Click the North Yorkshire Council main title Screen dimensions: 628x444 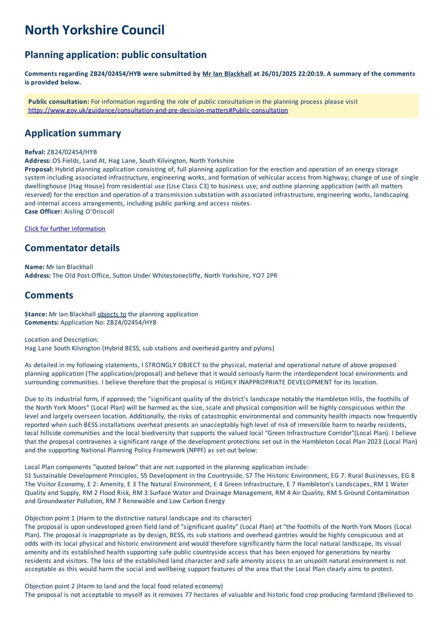click(94, 30)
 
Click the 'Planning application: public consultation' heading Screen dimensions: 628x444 click(116, 55)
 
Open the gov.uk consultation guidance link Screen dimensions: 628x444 click(158, 110)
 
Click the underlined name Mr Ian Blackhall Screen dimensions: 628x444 click(227, 74)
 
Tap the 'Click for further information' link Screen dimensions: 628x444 click(65, 229)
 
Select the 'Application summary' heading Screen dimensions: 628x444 click(73, 133)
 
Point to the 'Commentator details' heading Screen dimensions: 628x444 click(72, 248)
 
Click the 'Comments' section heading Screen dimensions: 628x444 click(49, 295)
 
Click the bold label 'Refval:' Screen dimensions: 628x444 click(35, 152)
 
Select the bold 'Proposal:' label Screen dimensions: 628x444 click(39, 169)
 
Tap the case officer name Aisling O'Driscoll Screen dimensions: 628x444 click(89, 212)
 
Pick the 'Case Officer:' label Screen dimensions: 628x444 click(43, 212)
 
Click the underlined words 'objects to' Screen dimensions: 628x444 click(112, 314)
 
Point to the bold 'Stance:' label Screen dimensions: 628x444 click(36, 314)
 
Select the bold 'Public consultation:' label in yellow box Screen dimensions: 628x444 click(59, 102)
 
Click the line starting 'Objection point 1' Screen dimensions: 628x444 click(138, 518)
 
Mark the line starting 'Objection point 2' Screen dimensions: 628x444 click(123, 586)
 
